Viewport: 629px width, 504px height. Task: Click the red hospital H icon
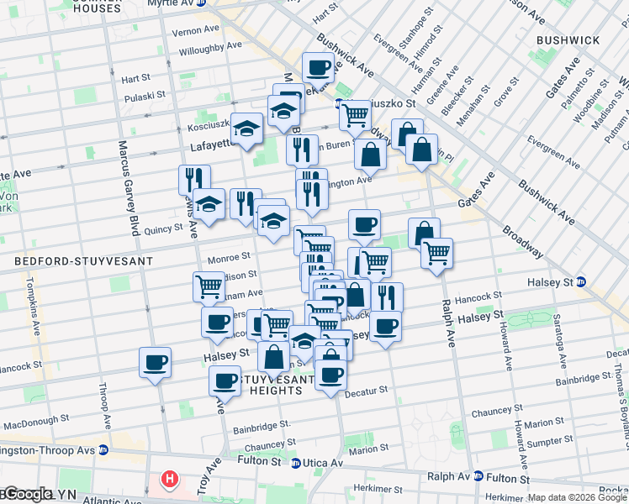170,480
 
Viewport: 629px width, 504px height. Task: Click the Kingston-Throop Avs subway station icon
103,449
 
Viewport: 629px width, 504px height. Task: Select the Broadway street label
522,239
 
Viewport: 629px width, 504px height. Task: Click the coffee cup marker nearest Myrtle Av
318,67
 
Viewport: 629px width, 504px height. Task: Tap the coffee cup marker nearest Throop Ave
156,363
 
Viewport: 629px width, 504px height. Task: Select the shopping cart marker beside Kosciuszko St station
356,114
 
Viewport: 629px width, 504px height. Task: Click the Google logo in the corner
27,495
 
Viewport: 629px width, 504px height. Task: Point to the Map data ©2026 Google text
577,497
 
